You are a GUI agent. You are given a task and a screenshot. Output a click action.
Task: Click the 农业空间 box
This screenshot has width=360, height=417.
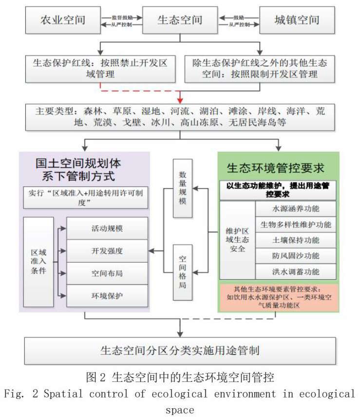pos(62,20)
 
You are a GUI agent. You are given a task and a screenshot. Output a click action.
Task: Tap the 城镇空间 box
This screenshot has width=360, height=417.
pos(297,20)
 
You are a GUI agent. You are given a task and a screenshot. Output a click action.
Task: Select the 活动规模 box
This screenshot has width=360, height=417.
pos(107,228)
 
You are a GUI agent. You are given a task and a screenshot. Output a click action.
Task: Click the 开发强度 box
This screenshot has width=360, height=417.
pos(107,251)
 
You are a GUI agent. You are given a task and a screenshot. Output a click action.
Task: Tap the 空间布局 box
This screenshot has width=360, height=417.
pos(107,273)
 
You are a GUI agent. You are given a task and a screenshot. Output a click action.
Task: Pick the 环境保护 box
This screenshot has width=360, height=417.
pos(107,296)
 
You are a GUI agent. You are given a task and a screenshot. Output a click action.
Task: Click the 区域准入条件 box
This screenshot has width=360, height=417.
pos(38,262)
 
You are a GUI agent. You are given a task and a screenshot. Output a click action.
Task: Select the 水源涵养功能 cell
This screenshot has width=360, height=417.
pos(296,208)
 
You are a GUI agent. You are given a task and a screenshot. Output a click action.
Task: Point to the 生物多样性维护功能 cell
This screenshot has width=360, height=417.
pos(296,225)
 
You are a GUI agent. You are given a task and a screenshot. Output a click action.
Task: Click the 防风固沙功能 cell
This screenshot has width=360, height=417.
pos(296,256)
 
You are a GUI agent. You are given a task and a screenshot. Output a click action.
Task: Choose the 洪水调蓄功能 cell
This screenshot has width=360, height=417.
pos(296,271)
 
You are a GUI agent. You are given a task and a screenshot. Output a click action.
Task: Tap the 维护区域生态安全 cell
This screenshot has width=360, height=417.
pos(237,240)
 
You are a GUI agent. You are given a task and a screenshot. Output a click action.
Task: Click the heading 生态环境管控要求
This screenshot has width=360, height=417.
pos(276,169)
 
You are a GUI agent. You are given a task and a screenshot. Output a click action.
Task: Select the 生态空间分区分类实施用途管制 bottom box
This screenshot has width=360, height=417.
pos(180,350)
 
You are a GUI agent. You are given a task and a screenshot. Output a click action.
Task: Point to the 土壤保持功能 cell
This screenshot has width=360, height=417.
pos(296,240)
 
